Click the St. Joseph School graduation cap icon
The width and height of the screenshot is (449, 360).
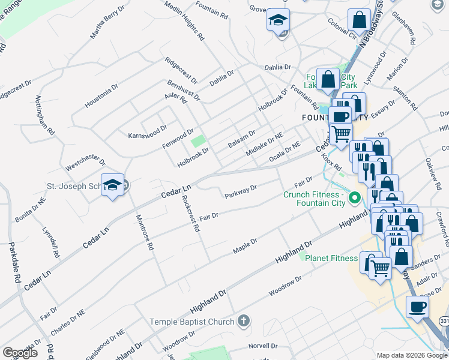coord(112,185)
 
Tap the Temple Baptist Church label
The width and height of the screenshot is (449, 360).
coord(191,322)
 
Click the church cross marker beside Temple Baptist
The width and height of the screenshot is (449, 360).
coord(243,322)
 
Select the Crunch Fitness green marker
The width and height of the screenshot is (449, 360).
coord(354,197)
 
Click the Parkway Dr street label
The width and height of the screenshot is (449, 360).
coord(241,191)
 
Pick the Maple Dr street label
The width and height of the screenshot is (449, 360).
coord(245,245)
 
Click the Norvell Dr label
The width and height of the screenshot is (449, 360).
coord(263,346)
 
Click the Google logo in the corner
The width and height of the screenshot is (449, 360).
coord(20,352)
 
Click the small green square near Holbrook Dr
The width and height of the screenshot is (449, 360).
coord(197,142)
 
